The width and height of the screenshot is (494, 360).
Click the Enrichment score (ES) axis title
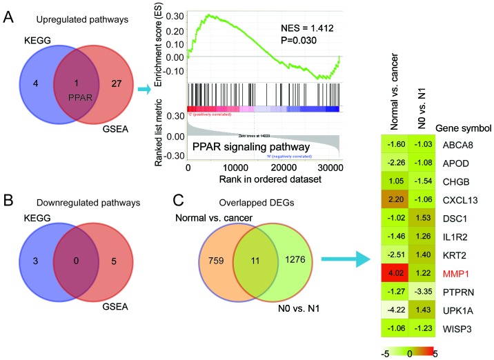click(x=160, y=47)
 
